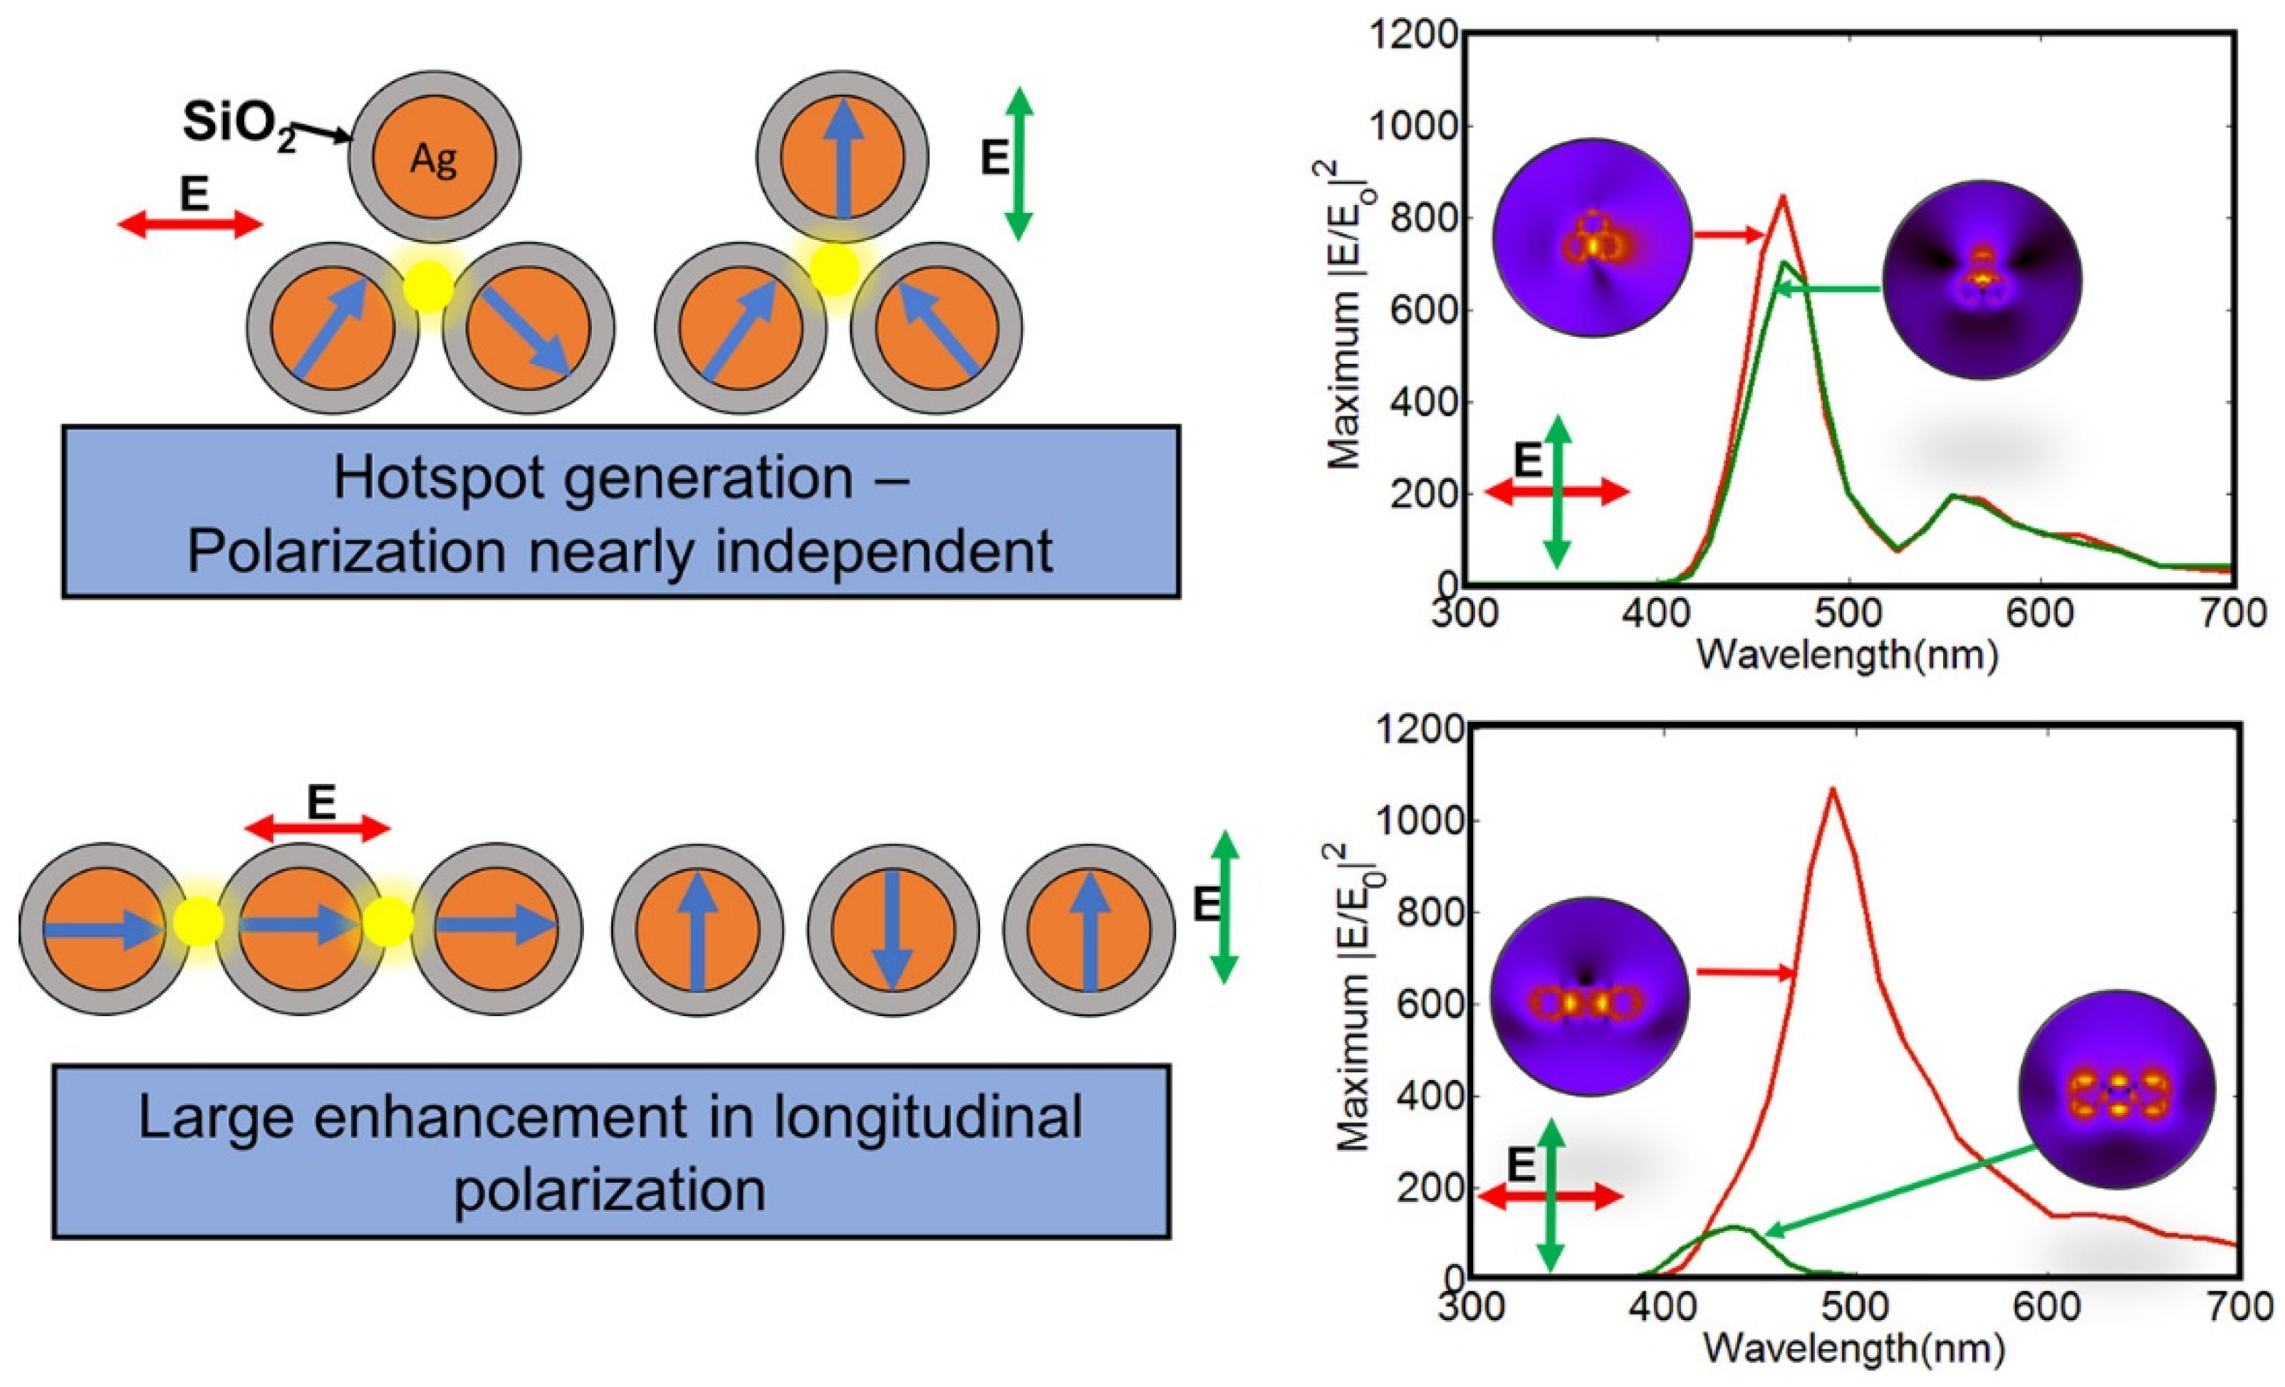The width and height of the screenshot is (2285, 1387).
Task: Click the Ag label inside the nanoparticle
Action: click(433, 162)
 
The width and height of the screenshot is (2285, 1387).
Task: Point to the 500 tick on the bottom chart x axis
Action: click(1855, 1308)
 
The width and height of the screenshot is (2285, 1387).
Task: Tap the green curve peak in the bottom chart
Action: click(1732, 1228)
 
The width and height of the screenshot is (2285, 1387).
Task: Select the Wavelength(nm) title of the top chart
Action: click(1846, 656)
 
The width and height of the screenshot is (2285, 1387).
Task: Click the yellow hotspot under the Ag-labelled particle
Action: click(429, 286)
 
